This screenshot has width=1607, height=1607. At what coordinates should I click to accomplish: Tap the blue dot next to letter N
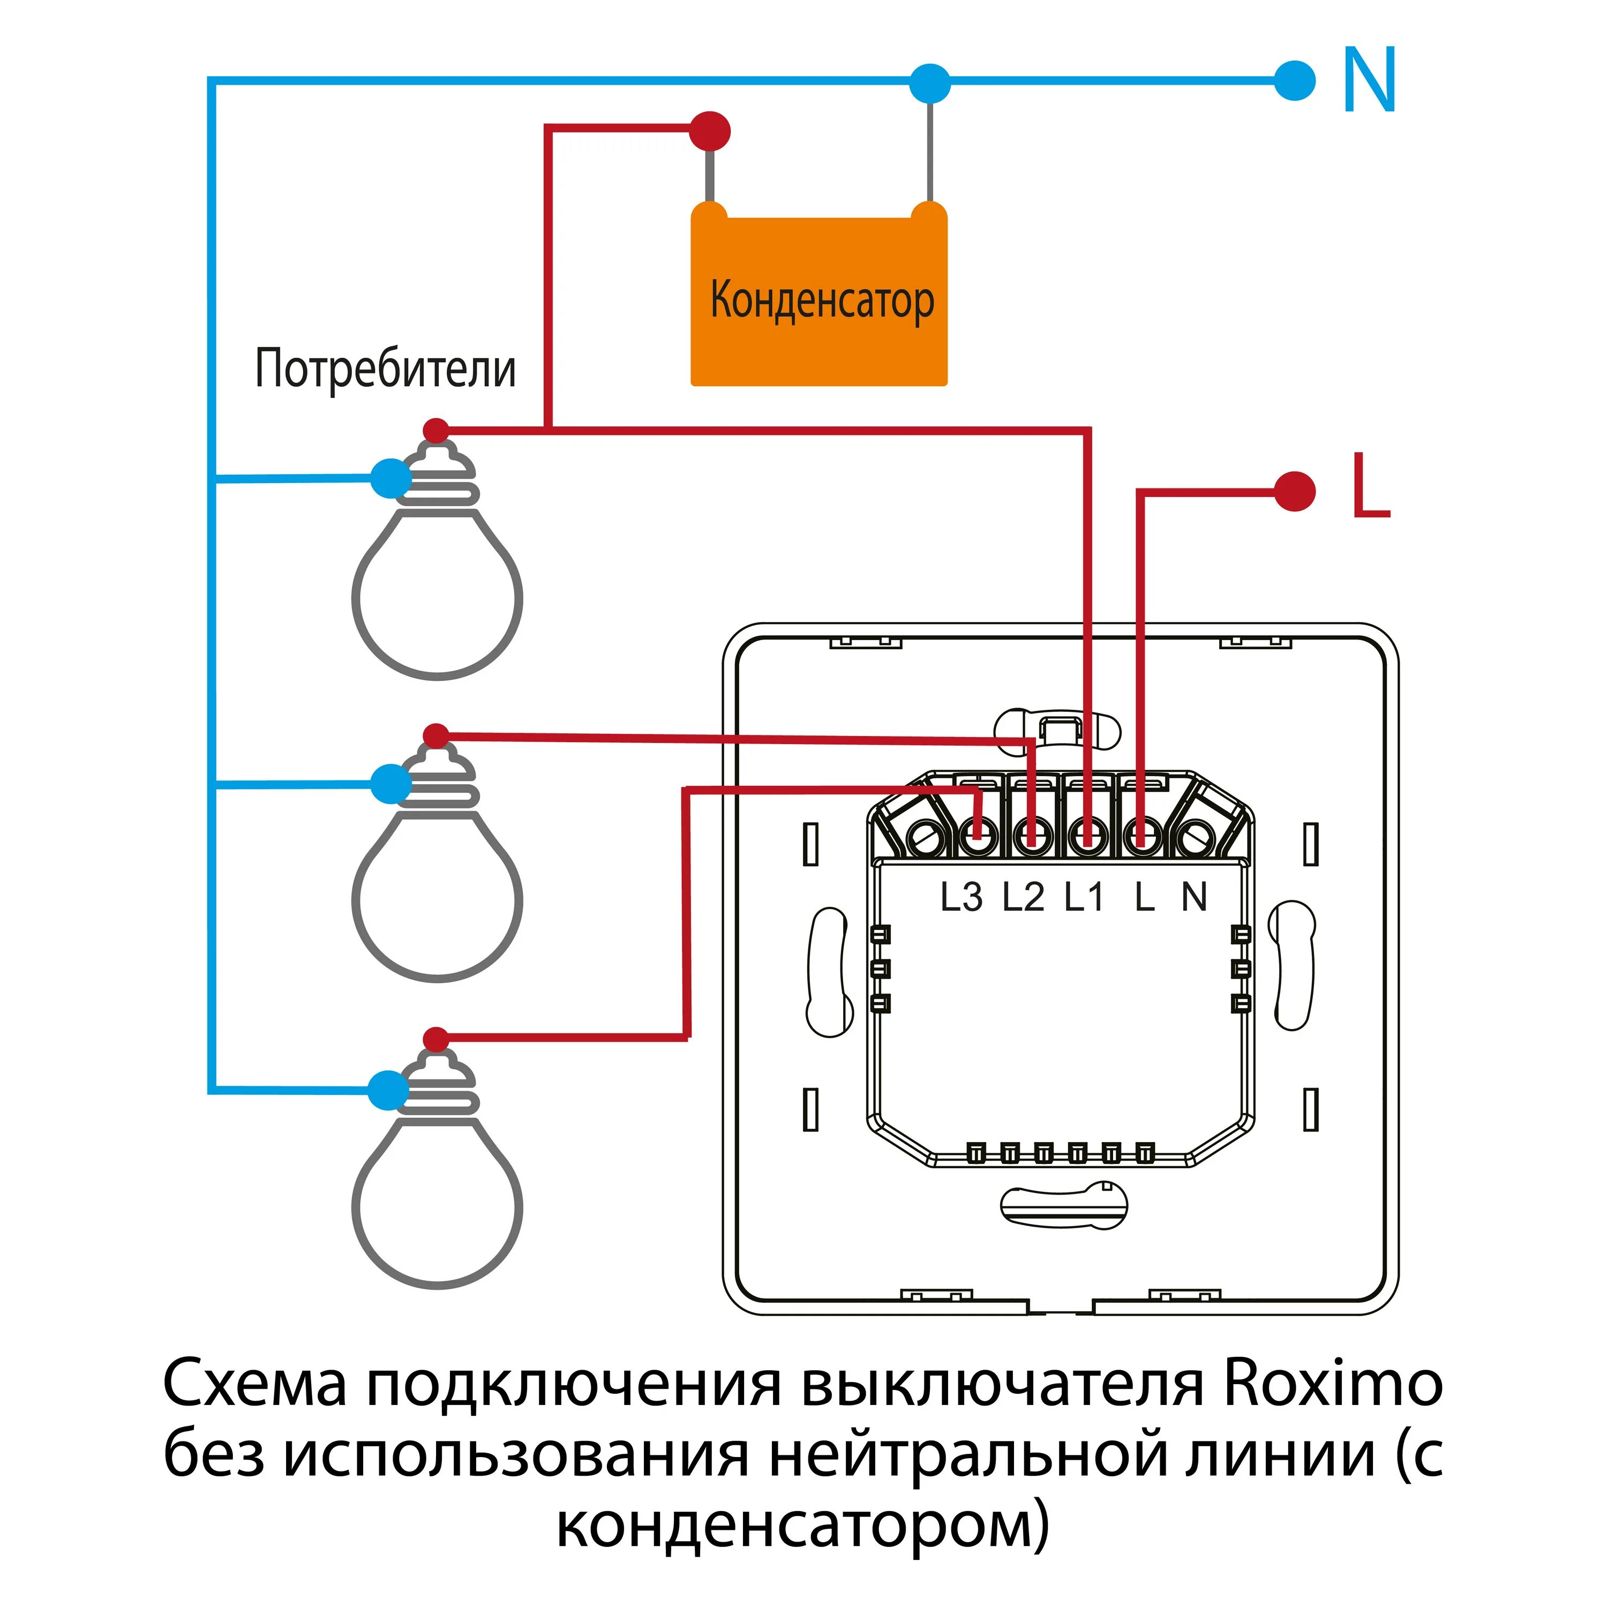(1294, 81)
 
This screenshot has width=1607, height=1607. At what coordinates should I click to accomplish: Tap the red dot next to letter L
(1294, 491)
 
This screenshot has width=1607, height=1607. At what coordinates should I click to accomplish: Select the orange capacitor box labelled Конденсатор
(820, 299)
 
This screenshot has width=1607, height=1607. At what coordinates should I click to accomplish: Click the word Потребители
(385, 369)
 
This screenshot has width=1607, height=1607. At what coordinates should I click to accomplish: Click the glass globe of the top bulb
(438, 599)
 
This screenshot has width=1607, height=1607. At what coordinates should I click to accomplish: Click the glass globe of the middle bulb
(438, 903)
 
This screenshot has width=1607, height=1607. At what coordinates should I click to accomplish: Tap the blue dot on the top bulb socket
(389, 478)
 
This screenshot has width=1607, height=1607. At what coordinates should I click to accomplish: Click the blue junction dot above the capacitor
(929, 83)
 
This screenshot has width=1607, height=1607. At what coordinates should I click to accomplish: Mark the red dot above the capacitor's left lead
(710, 131)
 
